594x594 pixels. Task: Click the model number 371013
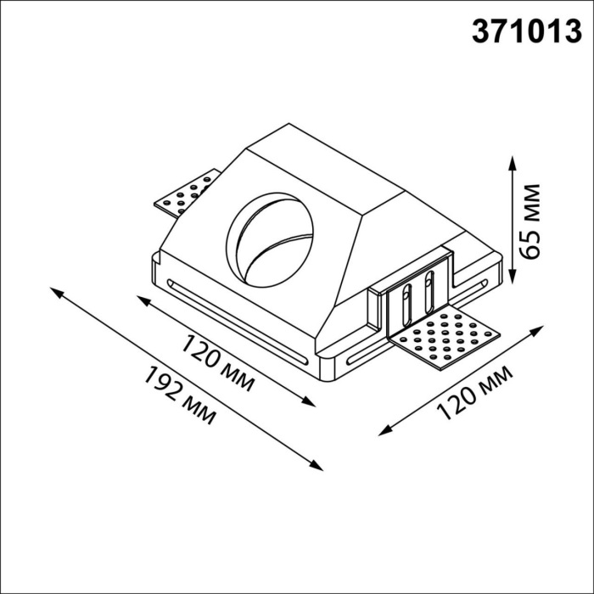(x=526, y=31)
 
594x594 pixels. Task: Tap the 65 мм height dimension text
(x=530, y=222)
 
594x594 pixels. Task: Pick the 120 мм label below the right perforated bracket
(x=474, y=393)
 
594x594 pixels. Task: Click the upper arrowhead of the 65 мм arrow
(x=513, y=162)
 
